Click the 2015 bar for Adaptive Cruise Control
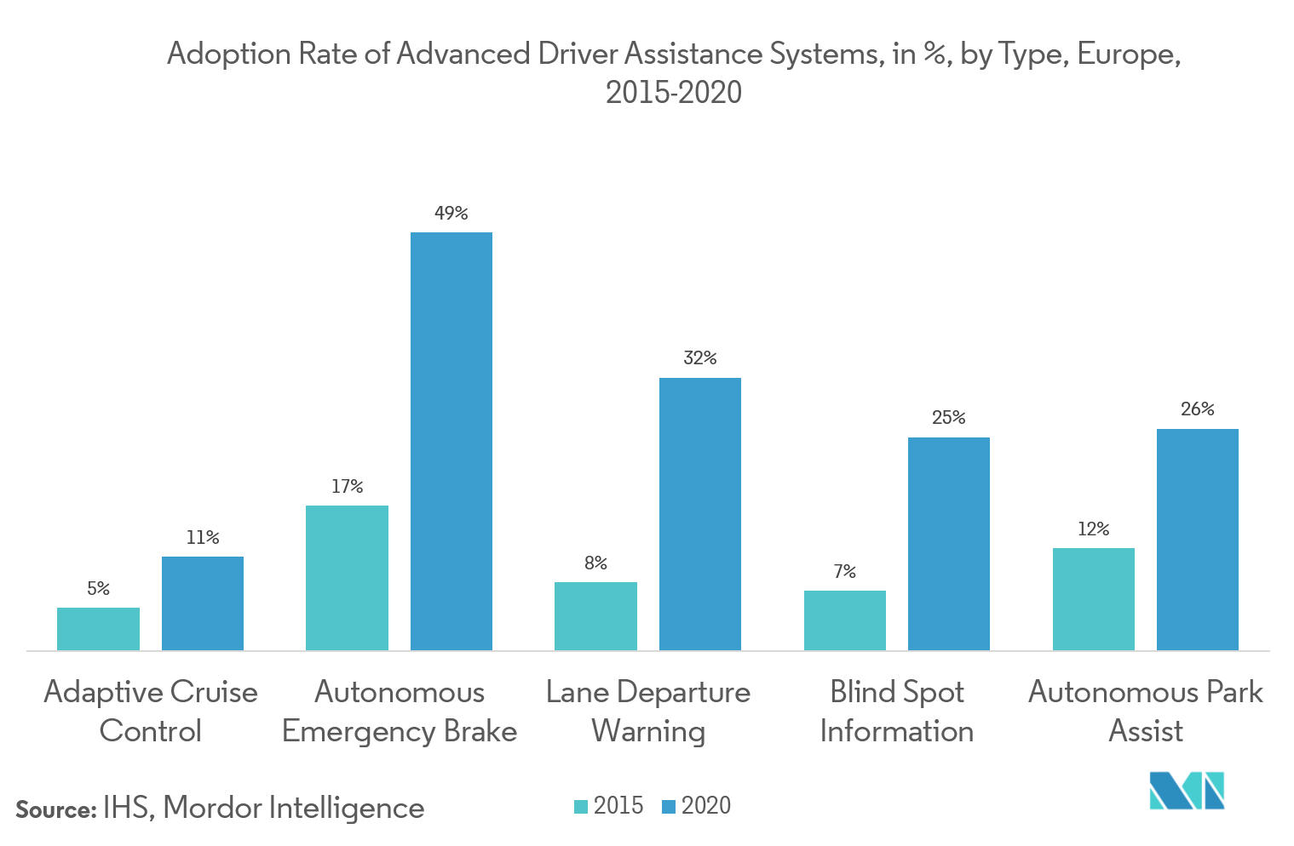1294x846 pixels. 98,629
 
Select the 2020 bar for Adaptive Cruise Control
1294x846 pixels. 203,603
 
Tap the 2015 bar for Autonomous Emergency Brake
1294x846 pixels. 347,578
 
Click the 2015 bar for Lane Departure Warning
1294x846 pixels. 595,616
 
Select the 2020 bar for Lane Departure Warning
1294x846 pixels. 700,514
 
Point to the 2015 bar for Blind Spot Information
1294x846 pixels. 844,620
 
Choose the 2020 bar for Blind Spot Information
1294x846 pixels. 949,544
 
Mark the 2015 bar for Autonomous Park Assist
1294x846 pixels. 1093,599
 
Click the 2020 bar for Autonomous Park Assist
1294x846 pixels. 1198,540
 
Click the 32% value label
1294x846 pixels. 700,358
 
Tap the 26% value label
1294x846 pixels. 1198,409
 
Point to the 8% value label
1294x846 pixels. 595,563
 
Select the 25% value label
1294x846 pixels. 949,418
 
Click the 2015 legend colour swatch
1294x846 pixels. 582,807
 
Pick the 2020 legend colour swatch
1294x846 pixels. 669,807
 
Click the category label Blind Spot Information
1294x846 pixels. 897,712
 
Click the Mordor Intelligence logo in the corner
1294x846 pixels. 1187,792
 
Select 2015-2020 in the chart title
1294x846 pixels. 673,92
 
